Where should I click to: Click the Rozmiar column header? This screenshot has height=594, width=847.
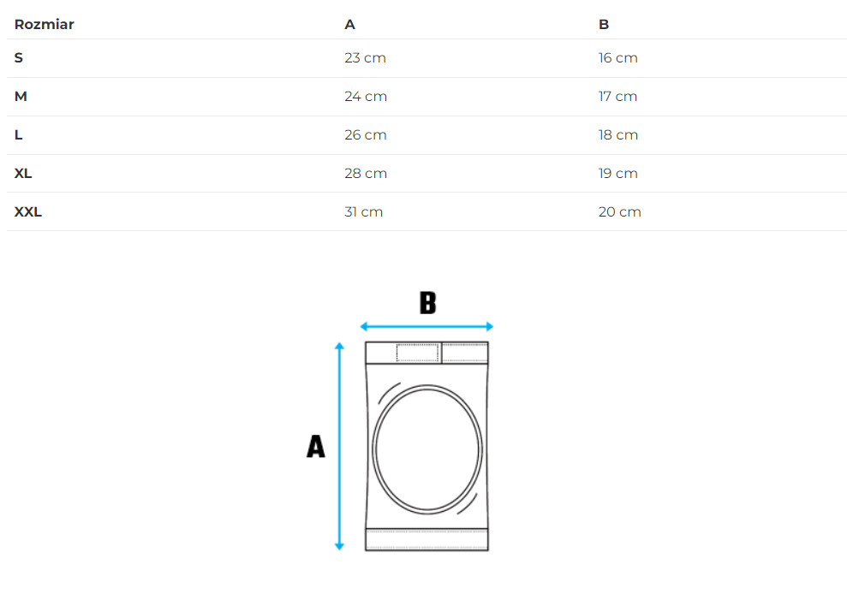click(44, 24)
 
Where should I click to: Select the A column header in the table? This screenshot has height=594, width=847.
click(349, 24)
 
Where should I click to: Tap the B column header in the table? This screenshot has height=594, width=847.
click(604, 24)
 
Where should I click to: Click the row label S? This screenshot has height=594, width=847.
click(18, 58)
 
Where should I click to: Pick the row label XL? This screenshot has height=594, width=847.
click(22, 174)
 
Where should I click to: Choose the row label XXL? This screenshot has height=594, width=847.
click(28, 211)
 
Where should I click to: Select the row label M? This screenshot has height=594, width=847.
click(21, 96)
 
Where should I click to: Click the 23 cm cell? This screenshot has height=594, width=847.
click(365, 58)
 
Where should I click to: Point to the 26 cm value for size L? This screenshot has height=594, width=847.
click(366, 135)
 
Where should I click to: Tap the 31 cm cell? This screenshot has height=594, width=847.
click(363, 211)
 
